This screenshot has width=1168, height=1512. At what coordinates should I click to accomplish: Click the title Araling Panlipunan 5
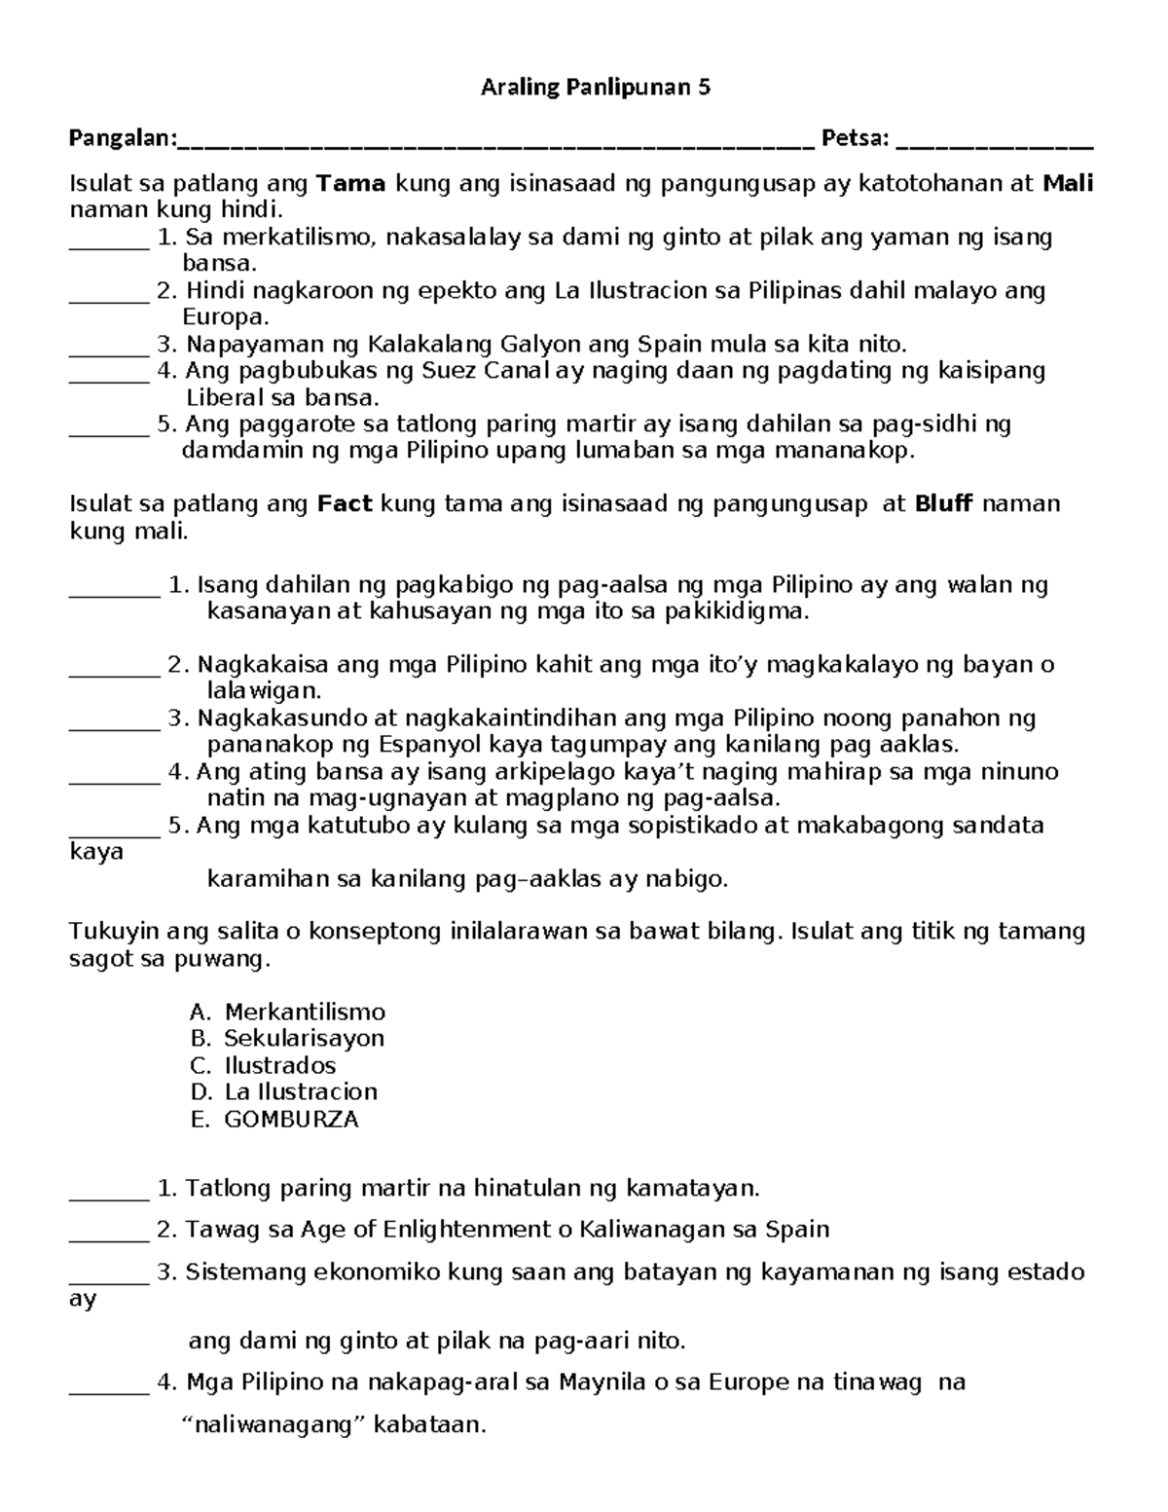[596, 88]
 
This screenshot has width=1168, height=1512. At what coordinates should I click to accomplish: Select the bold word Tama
[351, 183]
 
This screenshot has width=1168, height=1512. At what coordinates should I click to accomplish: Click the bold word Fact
[346, 504]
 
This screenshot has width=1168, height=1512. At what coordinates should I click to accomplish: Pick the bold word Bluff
[944, 504]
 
